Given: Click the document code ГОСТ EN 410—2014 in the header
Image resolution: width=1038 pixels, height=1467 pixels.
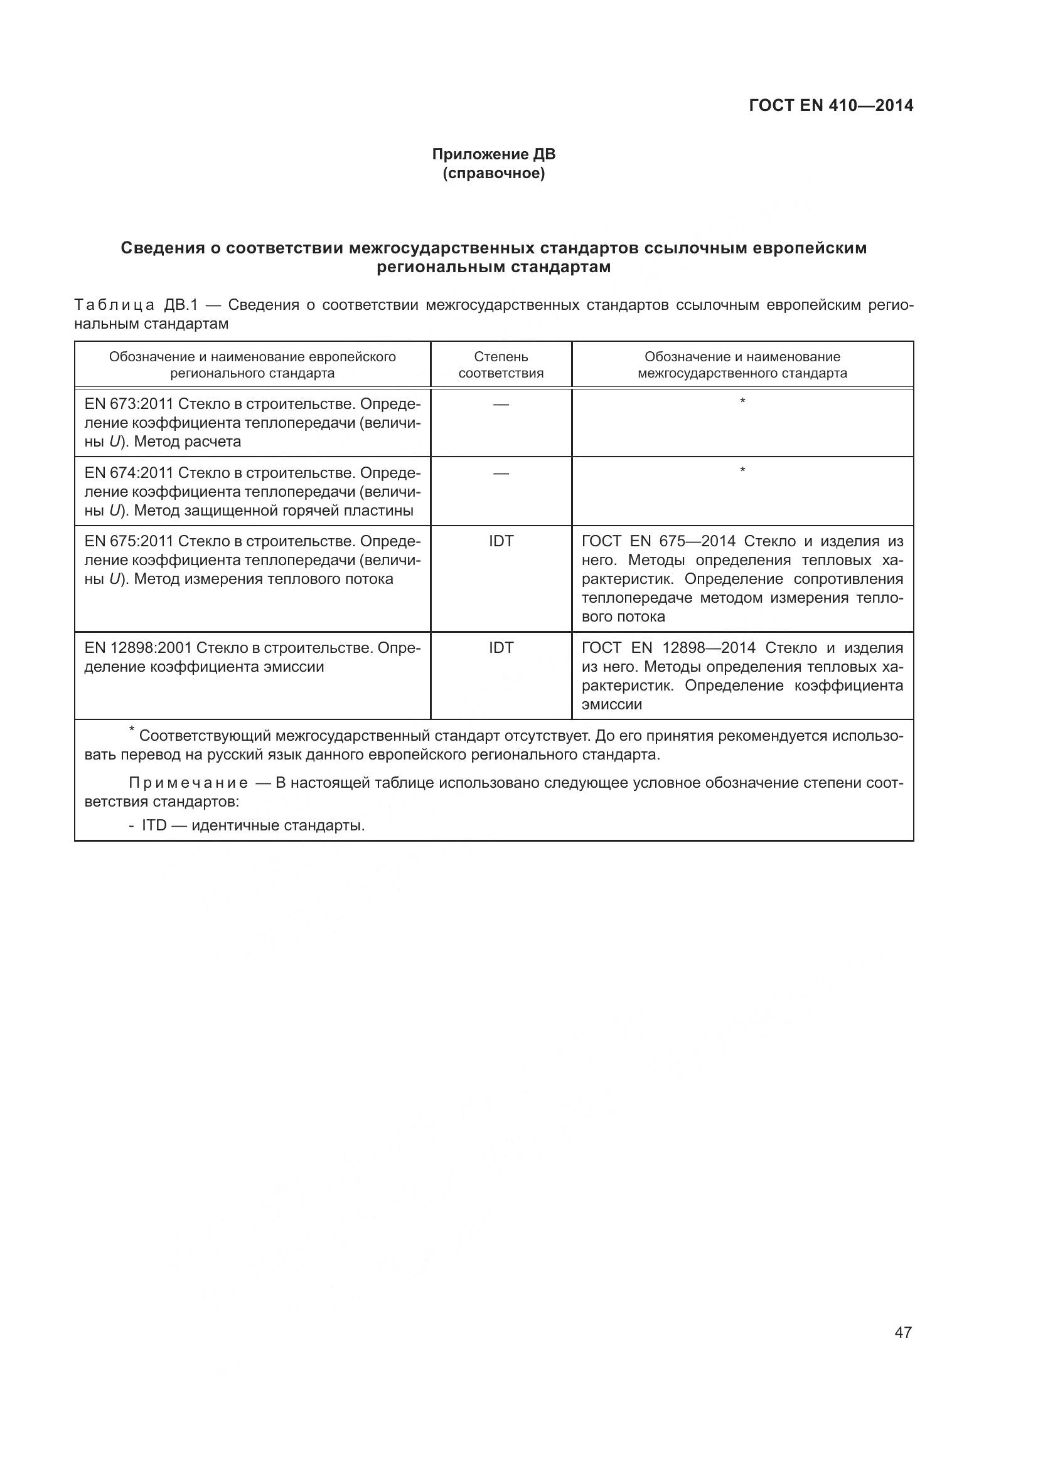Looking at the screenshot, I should coord(831,105).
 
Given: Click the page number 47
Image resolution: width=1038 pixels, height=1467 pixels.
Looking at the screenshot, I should coord(903,1332).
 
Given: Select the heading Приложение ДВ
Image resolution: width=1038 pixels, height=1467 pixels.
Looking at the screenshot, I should coord(493,154).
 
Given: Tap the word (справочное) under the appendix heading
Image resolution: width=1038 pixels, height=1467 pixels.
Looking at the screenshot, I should coord(493,173).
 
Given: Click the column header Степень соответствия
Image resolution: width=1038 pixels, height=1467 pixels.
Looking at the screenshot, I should coord(501,365).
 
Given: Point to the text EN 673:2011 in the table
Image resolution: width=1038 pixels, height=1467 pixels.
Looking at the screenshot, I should coord(129,404).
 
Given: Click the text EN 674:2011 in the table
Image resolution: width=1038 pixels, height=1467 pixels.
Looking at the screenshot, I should coord(129,473).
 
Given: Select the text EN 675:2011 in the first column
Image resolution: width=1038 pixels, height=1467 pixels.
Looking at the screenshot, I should coord(129,541).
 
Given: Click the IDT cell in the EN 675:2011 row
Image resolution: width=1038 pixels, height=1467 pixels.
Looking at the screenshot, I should coord(501,541).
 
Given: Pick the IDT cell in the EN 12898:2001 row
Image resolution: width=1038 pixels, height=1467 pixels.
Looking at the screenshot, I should coord(501,648).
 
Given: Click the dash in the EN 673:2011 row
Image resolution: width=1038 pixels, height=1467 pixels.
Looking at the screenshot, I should coord(501,405).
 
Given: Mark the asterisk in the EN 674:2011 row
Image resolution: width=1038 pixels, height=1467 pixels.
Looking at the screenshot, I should coord(742,471).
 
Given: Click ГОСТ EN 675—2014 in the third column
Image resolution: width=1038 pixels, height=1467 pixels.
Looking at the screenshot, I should coord(658,541).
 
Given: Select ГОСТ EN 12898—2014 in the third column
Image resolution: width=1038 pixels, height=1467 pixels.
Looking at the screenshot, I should coord(668,648).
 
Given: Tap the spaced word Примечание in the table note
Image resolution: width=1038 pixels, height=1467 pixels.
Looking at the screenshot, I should coord(188,783).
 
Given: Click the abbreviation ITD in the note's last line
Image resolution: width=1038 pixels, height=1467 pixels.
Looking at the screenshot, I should coord(154,825).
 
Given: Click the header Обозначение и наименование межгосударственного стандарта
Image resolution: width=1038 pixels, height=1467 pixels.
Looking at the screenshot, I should coord(742,365).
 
